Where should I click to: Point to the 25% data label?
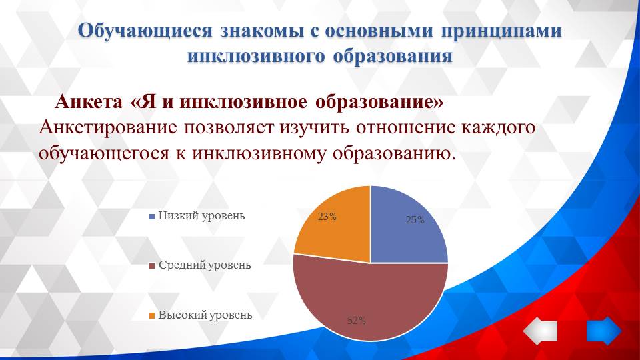point(415,220)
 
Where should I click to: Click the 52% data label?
point(357,321)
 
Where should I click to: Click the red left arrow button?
point(539,331)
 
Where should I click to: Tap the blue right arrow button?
point(603,331)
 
